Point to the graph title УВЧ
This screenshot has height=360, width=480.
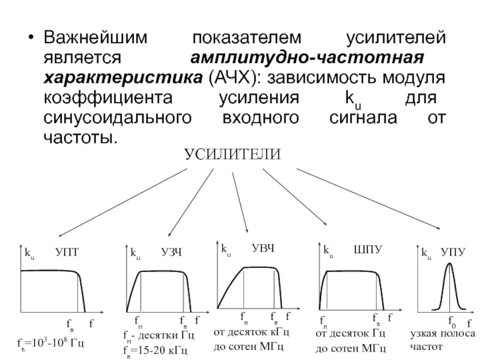click(262, 248)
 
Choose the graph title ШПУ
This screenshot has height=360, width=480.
click(366, 248)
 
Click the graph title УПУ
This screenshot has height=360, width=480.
click(453, 253)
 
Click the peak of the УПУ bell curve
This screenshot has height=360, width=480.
click(448, 265)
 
